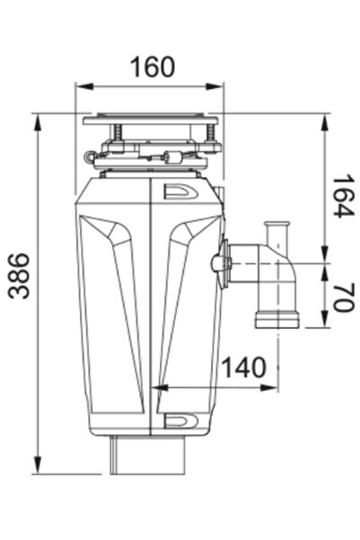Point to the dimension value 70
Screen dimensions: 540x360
pos(338,297)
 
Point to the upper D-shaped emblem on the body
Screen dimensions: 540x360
pos(177,191)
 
